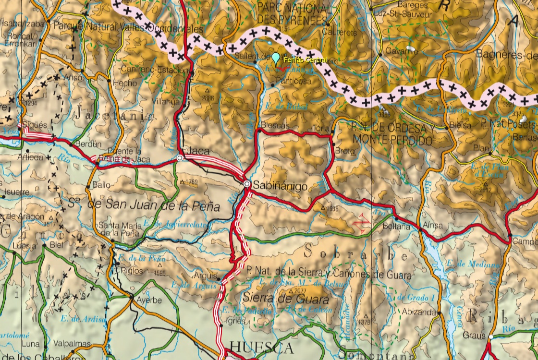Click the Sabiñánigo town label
click(280, 187)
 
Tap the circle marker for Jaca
click(180, 157)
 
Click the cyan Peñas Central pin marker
click(275, 58)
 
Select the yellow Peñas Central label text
click(305, 60)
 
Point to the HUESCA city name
click(262, 347)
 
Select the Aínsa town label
click(433, 225)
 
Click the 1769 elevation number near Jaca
click(191, 182)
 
